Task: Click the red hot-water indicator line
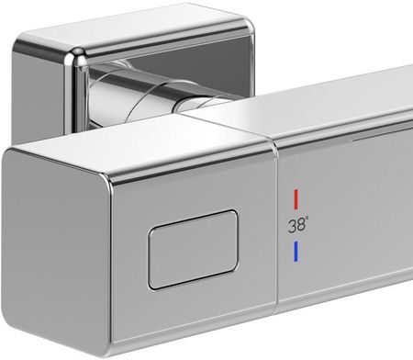point(296,199)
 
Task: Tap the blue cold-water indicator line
point(296,252)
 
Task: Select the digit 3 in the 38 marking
point(292,226)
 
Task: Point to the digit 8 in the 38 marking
point(301,225)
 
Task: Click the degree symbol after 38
point(307,218)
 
